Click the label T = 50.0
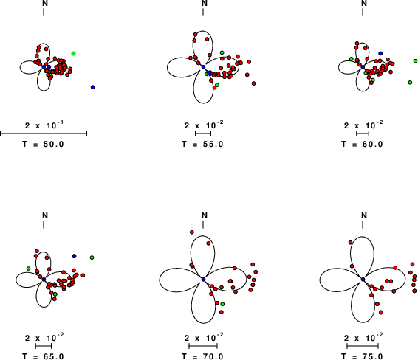coord(43,145)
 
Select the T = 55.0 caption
coord(202,145)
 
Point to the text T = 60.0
coord(362,145)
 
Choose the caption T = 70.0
coord(202,356)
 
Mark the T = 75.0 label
coord(362,356)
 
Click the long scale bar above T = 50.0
coord(44,134)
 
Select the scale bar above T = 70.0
coord(203,346)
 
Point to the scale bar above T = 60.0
coord(363,134)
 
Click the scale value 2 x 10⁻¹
coord(44,125)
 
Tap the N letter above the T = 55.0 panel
coord(205,3)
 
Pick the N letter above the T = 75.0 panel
coord(364,215)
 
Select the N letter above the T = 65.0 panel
coord(45,215)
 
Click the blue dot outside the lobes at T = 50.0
coord(93,87)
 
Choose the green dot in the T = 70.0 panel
coord(222,304)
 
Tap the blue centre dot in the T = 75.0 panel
coord(363,279)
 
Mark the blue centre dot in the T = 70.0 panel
coord(203,279)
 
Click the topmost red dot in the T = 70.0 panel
coord(192,232)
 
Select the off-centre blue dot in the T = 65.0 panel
coord(74,256)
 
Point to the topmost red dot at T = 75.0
coord(351,242)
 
